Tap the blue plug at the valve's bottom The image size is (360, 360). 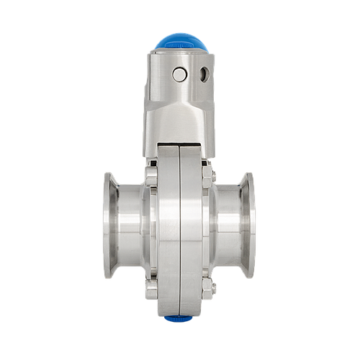pos(178,318)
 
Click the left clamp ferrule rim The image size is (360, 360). pos(109,225)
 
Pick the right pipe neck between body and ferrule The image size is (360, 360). pos(226,225)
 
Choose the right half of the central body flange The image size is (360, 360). pos(191,230)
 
